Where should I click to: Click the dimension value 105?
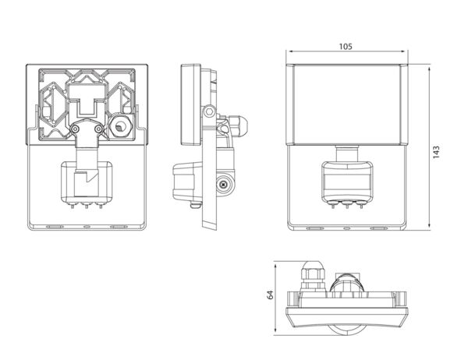(x=346, y=47)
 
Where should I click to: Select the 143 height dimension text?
(x=436, y=152)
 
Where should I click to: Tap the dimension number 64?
(x=270, y=295)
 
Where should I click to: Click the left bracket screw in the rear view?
(x=75, y=129)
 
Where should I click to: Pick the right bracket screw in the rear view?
(x=98, y=129)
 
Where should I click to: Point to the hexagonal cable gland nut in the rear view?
(x=121, y=127)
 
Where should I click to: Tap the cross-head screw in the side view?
(x=224, y=185)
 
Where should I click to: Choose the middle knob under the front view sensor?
(x=347, y=205)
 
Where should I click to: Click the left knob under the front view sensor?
(x=333, y=205)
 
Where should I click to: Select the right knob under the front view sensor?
(x=361, y=205)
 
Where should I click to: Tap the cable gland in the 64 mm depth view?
(x=312, y=276)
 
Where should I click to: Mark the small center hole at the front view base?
(x=347, y=228)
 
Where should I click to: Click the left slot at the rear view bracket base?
(x=55, y=227)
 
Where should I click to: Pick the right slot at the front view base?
(x=379, y=228)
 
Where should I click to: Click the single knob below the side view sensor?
(x=195, y=205)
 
